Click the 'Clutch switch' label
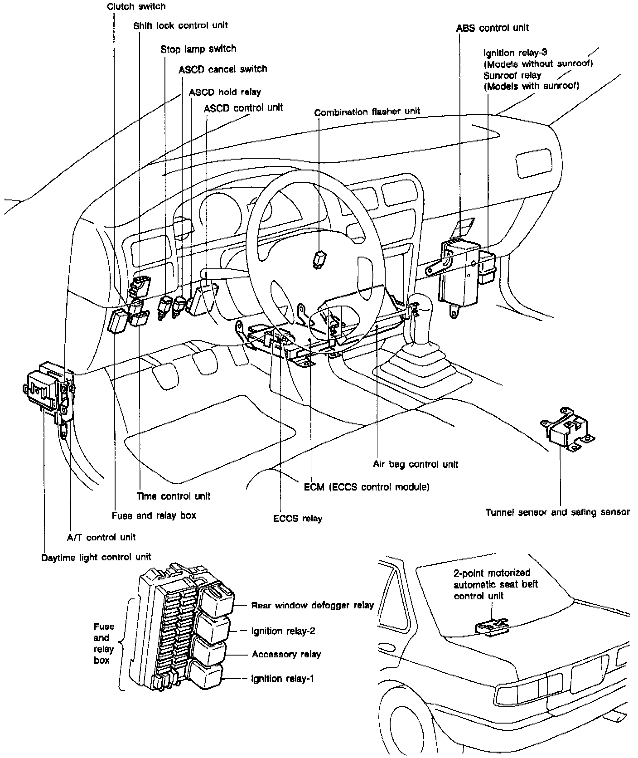136,6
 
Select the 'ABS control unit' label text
492,28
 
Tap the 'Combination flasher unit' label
367,111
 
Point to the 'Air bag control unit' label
416,464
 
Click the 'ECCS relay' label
298,518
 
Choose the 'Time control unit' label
174,496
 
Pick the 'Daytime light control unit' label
96,557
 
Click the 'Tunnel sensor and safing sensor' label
558,512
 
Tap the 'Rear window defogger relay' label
313,605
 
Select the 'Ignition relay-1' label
283,679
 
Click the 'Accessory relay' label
286,654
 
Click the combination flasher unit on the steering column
319,259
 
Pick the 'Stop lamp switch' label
198,49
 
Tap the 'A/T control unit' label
101,537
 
